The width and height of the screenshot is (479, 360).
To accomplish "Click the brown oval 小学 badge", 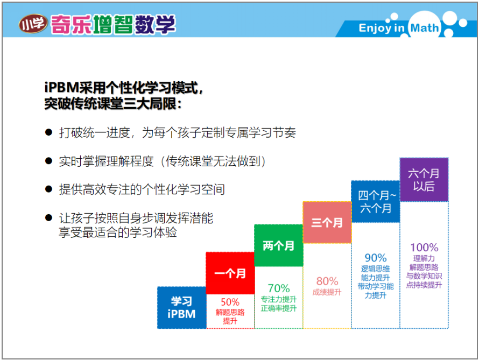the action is coord(33,24).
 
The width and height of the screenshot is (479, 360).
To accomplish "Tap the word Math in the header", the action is coord(424,28).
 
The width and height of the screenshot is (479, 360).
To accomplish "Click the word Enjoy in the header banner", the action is coord(375,28).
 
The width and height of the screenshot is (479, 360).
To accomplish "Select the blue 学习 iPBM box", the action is coord(182,307).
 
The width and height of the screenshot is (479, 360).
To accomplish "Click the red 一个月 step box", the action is coord(230,273).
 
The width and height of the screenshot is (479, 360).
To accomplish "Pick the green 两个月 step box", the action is coord(279,245).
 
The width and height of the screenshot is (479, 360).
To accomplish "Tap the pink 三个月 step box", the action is coord(327,222).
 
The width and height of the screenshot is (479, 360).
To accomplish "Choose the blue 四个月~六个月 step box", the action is coord(376,202).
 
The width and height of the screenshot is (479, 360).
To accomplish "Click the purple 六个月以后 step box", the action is coord(424,180).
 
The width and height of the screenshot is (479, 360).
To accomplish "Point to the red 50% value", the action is coord(230,302).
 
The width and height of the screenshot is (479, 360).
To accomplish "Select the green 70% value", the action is coord(279,288).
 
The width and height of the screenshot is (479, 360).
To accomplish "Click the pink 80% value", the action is coord(327,281).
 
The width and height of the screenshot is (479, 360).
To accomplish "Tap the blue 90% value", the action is coord(376,258).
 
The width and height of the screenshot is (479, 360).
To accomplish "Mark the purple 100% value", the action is coord(424,248).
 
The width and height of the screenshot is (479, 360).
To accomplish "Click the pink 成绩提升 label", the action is coord(327,292).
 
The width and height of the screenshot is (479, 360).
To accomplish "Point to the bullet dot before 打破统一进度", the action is coord(48,132).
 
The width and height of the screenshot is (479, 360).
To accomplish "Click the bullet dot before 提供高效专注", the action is coord(48,189).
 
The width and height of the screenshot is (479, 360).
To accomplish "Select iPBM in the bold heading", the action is coord(62,88).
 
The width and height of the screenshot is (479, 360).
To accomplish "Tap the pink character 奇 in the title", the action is coord(60,24).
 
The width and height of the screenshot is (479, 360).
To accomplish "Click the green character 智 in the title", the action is coord(123,24).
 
